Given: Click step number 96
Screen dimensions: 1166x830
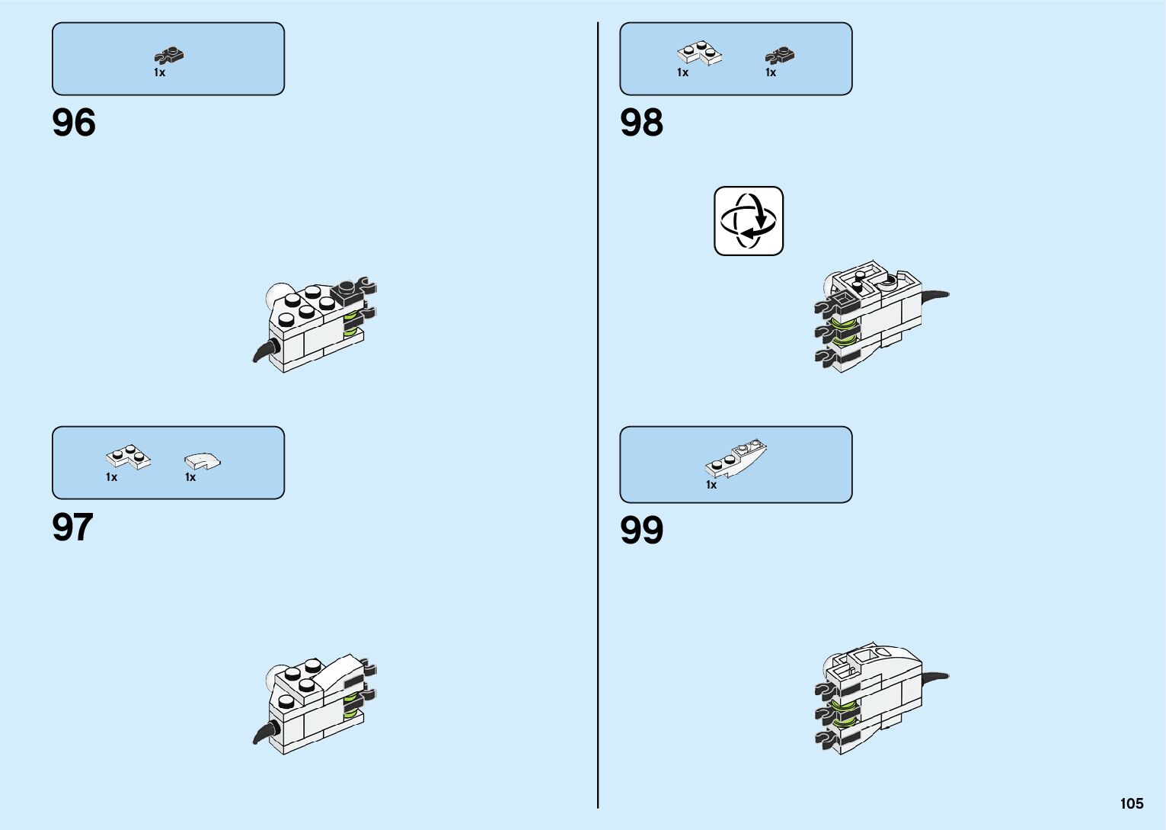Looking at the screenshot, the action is [74, 123].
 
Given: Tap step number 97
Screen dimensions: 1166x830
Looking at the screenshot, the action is [72, 527].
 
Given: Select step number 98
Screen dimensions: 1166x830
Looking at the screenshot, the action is [641, 123].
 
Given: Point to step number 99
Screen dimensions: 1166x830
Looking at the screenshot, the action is [641, 530].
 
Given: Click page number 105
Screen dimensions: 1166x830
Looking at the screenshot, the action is [1131, 803].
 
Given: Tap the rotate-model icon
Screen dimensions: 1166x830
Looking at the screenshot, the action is [749, 221].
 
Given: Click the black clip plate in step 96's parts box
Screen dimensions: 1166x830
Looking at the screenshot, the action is [170, 55].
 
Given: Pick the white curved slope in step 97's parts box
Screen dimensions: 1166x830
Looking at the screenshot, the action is [202, 460].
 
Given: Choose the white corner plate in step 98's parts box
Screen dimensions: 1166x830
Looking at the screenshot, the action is [699, 54].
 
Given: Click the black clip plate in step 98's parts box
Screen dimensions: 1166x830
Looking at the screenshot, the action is [780, 55].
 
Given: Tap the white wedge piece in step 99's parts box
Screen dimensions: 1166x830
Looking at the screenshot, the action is [735, 459].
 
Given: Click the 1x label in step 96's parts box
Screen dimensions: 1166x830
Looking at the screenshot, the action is [159, 72].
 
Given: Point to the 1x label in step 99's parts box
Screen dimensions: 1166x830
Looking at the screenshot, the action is [711, 485].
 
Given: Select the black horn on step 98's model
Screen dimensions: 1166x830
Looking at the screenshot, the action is [934, 295].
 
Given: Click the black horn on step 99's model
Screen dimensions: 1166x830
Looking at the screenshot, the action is [934, 677].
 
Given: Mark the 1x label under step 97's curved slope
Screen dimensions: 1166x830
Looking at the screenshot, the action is [190, 477].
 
